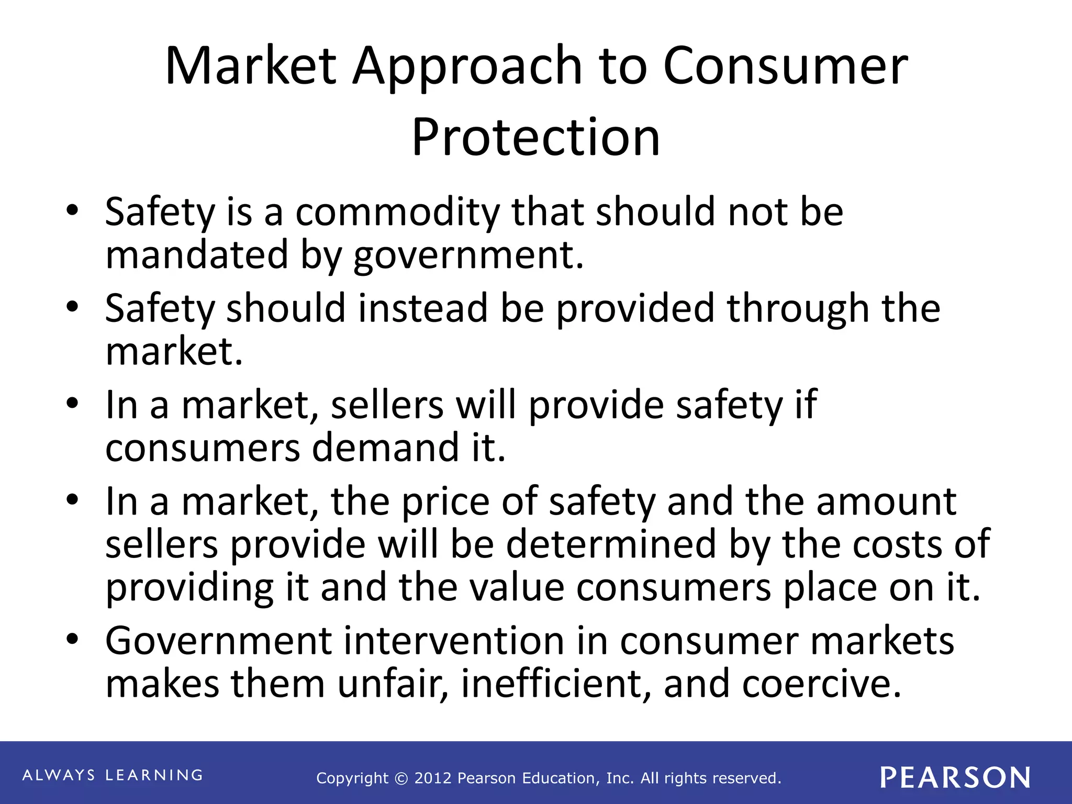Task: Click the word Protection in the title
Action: pos(535,137)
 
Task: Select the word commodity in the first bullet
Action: pos(398,212)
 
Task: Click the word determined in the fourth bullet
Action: pos(611,544)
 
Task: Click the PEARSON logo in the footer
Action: pos(955,777)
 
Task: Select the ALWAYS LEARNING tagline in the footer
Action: pos(113,775)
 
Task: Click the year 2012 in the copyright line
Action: pos(433,778)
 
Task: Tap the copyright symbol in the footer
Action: pos(401,778)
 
